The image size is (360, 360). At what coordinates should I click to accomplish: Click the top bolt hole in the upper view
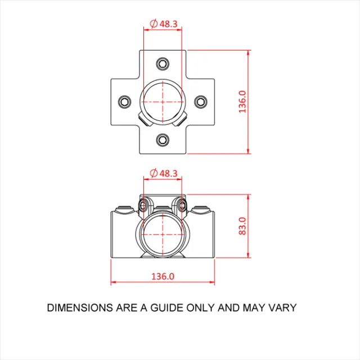pyautogui.click(x=163, y=63)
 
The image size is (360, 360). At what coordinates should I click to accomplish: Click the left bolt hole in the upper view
pyautogui.click(x=124, y=101)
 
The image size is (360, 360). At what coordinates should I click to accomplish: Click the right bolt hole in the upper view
pyautogui.click(x=201, y=101)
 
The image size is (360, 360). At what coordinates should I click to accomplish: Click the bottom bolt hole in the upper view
pyautogui.click(x=163, y=139)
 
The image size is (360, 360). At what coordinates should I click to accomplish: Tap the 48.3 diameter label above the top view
pyautogui.click(x=168, y=24)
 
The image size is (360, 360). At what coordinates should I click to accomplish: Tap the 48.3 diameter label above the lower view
pyautogui.click(x=168, y=173)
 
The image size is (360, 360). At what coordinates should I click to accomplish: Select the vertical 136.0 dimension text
pyautogui.click(x=242, y=101)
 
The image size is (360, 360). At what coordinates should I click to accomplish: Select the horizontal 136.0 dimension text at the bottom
pyautogui.click(x=163, y=276)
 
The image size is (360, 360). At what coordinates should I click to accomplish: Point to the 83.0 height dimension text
pyautogui.click(x=242, y=226)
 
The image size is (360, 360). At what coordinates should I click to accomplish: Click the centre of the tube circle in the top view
pyautogui.click(x=163, y=101)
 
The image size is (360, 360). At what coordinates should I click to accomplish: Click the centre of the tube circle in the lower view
pyautogui.click(x=163, y=232)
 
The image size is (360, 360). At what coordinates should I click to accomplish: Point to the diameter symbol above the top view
pyautogui.click(x=153, y=24)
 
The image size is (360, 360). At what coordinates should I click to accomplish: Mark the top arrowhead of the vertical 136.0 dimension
pyautogui.click(x=249, y=52)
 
